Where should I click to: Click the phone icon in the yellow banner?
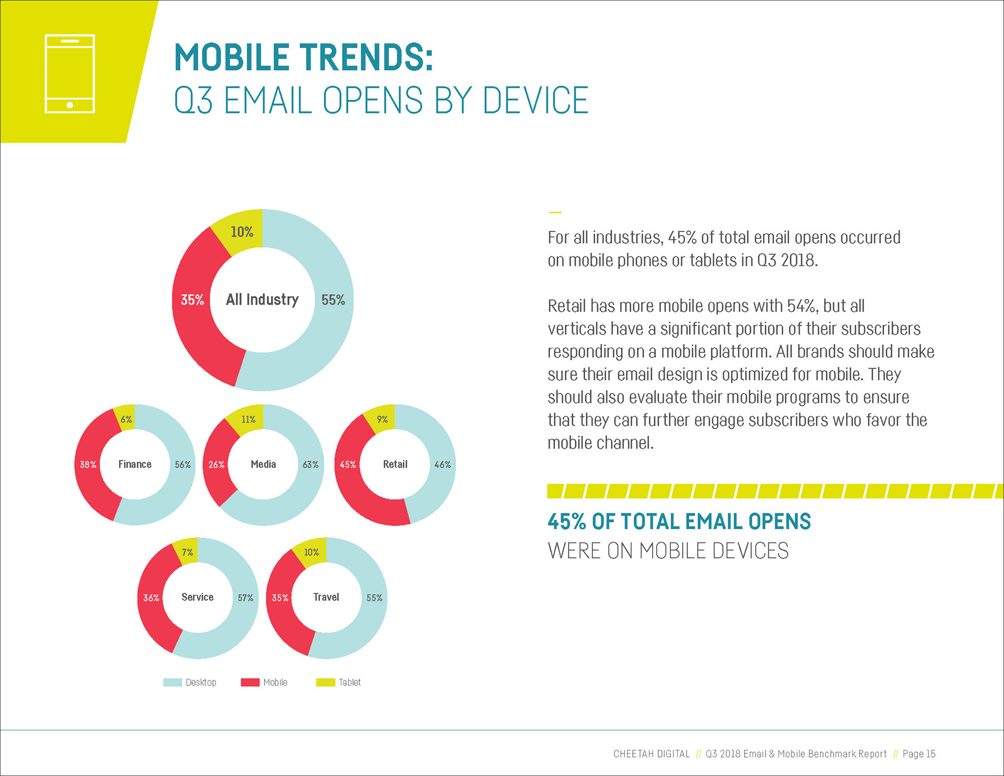click(70, 74)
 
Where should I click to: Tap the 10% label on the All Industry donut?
click(242, 232)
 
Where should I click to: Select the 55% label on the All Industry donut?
click(333, 300)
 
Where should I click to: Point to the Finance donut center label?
click(135, 464)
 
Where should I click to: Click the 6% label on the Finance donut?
click(126, 419)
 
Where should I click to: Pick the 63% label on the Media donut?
click(311, 464)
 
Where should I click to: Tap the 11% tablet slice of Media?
click(248, 419)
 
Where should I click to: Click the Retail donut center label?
click(395, 464)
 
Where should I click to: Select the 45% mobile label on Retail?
click(348, 464)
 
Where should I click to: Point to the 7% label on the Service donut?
click(187, 552)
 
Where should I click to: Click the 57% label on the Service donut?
click(245, 598)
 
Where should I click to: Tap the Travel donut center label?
click(326, 597)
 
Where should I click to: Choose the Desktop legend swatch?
click(173, 682)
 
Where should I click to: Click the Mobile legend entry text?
click(275, 682)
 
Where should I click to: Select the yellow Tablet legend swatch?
click(325, 682)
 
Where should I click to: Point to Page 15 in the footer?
click(919, 754)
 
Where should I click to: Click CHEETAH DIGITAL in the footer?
click(651, 754)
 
